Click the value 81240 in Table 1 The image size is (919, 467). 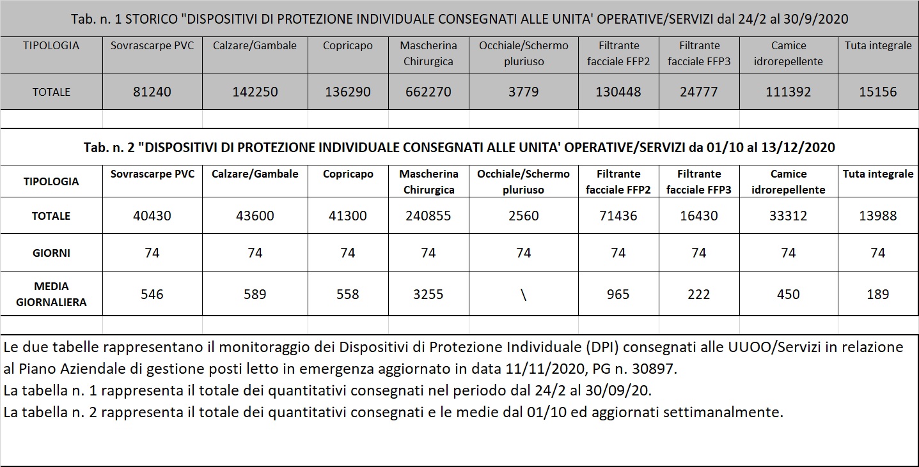click(152, 92)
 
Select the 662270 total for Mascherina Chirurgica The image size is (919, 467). click(428, 92)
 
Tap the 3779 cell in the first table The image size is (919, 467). click(523, 92)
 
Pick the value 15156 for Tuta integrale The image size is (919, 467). click(877, 92)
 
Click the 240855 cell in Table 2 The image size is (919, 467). click(428, 216)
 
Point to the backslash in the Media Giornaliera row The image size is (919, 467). click(523, 295)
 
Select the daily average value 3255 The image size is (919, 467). click(428, 295)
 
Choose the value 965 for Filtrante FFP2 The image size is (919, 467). click(618, 295)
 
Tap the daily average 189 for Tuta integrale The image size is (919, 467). click(877, 295)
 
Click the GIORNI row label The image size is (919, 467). click(51, 253)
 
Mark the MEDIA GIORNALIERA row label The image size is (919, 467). click(51, 294)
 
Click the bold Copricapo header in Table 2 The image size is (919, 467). click(347, 174)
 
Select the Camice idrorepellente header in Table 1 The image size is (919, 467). click(788, 54)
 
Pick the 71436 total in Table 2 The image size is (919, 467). click(618, 216)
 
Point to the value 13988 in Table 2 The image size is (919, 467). click(877, 216)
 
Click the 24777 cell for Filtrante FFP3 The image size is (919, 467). click(698, 92)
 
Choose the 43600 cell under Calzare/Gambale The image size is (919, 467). click(255, 216)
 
